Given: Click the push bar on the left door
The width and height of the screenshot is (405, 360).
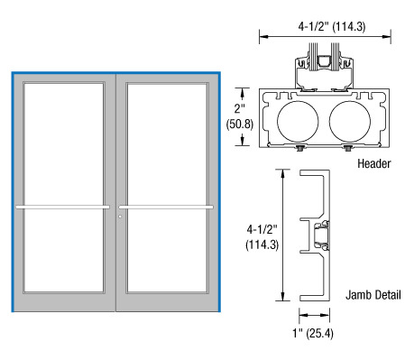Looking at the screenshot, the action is (x=62, y=207).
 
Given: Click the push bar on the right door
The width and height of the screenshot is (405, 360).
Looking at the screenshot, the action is (x=166, y=207).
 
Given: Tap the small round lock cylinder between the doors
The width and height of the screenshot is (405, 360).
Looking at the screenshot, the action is (x=120, y=217).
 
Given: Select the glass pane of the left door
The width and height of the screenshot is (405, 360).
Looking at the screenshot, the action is (x=64, y=188).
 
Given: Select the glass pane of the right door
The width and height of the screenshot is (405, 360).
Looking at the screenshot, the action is (x=167, y=188).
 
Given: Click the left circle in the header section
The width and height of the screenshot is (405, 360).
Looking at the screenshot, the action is (x=298, y=121).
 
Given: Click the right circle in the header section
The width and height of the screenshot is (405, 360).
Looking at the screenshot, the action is (x=350, y=121).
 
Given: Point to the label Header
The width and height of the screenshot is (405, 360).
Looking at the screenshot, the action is (x=374, y=163).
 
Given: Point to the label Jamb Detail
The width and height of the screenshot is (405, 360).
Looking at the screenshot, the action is (x=373, y=295).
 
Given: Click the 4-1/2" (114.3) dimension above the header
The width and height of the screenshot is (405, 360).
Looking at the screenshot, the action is (x=332, y=26).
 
